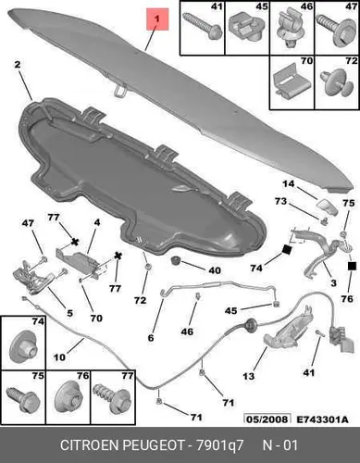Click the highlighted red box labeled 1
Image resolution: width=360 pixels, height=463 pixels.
[x=157, y=19]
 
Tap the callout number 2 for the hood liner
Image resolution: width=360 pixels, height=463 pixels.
[x=18, y=65]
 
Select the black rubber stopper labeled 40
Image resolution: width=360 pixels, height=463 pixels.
[x=176, y=260]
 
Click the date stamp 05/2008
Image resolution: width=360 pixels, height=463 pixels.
[x=267, y=419]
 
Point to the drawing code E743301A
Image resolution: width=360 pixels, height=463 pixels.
[x=322, y=419]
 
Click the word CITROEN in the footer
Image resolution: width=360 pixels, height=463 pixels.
[x=91, y=445]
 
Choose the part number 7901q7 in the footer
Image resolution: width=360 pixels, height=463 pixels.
[x=219, y=445]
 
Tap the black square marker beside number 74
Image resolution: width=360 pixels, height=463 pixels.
[x=286, y=250]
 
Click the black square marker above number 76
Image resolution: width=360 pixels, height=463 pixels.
[x=352, y=266]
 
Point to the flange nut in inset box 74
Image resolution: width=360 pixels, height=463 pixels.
[x=23, y=347]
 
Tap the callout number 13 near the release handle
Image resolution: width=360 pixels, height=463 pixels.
[x=249, y=376]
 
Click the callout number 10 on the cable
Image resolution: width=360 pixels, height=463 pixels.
[x=59, y=357]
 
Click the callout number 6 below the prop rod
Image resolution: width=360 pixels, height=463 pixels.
[x=151, y=338]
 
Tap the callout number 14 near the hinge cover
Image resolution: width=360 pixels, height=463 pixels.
[x=289, y=184]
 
